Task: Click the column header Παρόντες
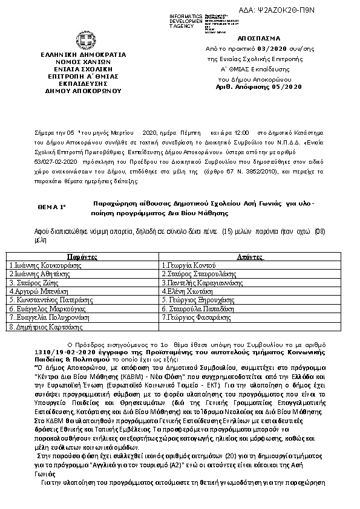[x=82, y=257]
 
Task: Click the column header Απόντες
[x=249, y=257]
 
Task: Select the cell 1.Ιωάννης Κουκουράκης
[x=46, y=265]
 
